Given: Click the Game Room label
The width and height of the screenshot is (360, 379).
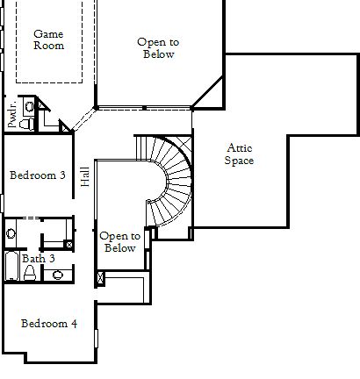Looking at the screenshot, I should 48,39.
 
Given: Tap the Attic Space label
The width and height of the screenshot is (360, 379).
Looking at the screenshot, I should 239,154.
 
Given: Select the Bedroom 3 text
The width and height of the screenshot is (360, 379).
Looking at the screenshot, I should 37,175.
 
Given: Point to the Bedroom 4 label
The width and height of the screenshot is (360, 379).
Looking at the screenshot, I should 49,324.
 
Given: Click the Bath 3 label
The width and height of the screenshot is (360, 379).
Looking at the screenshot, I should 39,259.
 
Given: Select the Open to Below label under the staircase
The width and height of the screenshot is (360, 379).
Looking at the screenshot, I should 119,242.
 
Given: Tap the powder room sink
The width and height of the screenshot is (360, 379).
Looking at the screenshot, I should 29,106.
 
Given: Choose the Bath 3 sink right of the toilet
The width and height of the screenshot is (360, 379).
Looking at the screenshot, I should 58,275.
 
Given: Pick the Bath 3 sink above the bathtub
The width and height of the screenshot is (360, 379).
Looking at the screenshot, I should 11,233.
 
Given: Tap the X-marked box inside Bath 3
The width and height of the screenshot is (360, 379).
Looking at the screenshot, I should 68,245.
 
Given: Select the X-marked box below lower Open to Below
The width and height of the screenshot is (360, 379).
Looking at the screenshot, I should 100,278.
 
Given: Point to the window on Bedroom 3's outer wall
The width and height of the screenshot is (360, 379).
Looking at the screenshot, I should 2,203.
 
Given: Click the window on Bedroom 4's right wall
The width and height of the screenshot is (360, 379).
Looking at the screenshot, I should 96,338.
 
